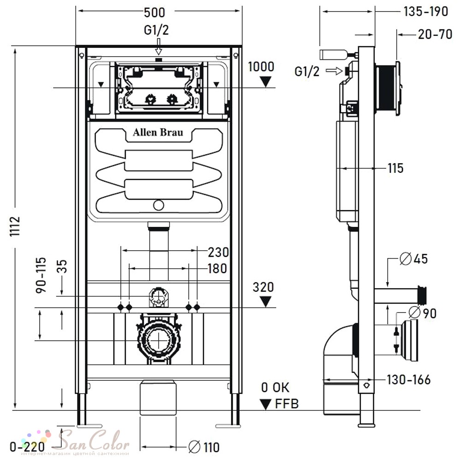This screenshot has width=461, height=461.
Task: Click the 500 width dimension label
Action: pyautogui.click(x=154, y=12)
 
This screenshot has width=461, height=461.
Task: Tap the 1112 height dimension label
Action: pyautogui.click(x=15, y=226)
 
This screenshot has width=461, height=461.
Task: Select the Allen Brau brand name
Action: pyautogui.click(x=158, y=132)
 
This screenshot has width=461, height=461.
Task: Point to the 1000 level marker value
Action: pyautogui.click(x=261, y=67)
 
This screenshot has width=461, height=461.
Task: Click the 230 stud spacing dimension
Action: pyautogui.click(x=218, y=252)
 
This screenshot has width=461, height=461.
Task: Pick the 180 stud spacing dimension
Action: pyautogui.click(x=217, y=268)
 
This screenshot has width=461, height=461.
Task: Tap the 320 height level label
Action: pyautogui.click(x=263, y=287)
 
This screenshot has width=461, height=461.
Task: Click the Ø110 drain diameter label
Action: pyautogui.click(x=204, y=447)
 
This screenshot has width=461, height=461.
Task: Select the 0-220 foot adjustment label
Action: pyautogui.click(x=27, y=447)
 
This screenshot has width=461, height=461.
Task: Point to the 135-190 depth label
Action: pyautogui.click(x=426, y=12)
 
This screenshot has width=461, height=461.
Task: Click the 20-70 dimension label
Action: pyautogui.click(x=435, y=35)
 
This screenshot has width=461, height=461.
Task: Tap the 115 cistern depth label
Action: pyautogui.click(x=396, y=168)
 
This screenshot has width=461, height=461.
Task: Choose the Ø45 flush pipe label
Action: pyautogui.click(x=414, y=259)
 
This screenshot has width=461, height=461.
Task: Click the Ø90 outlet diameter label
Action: pyautogui.click(x=422, y=313)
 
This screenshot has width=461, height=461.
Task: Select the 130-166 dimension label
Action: pyautogui.click(x=408, y=379)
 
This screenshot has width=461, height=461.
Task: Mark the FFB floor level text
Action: pyautogui.click(x=287, y=404)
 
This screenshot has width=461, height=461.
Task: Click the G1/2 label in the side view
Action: pyautogui.click(x=307, y=71)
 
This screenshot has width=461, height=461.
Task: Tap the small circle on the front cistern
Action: pyautogui.click(x=159, y=205)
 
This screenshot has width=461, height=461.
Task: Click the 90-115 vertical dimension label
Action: pyautogui.click(x=41, y=275)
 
